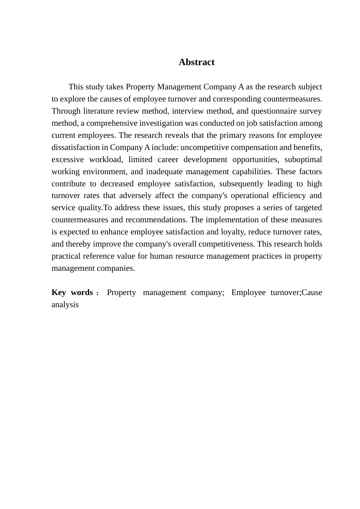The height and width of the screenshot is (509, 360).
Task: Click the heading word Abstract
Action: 196,62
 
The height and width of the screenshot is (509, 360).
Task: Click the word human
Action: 160,256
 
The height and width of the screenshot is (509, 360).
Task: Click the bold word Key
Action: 59,292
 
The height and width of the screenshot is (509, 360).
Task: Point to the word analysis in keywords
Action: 65,304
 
